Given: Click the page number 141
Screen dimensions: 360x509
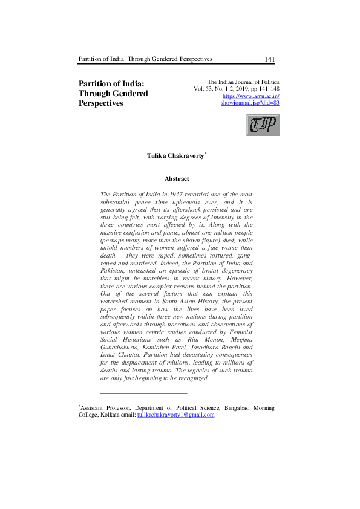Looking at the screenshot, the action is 270,59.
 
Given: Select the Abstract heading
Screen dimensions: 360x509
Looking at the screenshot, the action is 177,179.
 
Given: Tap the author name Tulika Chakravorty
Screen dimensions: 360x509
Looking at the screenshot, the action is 175,156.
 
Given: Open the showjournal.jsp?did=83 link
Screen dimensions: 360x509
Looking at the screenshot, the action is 250,103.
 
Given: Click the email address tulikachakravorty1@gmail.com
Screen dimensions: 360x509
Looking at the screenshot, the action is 175,415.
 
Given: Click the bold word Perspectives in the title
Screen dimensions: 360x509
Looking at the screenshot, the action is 101,103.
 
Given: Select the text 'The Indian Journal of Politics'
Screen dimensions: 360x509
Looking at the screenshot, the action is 243,82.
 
